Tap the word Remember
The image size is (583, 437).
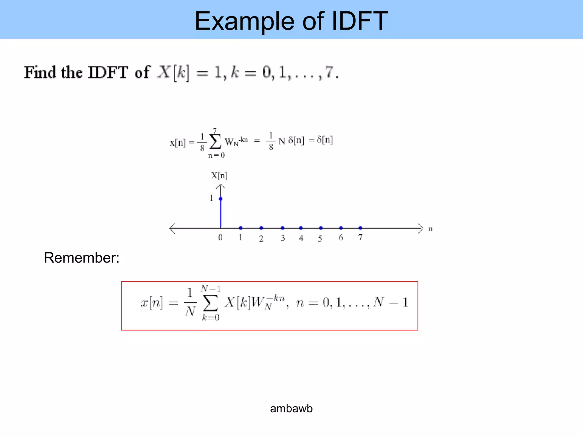(x=81, y=258)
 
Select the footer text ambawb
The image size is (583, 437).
(x=291, y=409)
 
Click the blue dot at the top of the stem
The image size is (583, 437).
(x=221, y=199)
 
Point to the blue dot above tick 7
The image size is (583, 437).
(x=360, y=228)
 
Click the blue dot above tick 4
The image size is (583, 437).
(x=301, y=228)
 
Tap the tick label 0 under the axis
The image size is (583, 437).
(x=220, y=238)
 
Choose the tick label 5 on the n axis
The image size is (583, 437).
(x=320, y=238)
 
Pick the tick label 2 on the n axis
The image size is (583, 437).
(x=261, y=238)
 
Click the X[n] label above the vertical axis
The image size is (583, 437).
(x=219, y=176)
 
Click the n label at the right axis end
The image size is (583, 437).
(x=431, y=229)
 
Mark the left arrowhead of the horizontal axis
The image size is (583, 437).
(x=172, y=228)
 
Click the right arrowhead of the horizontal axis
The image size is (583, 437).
(x=421, y=228)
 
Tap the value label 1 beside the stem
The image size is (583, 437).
(x=211, y=198)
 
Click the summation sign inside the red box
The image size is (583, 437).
(x=211, y=303)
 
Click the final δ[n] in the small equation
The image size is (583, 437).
(x=325, y=140)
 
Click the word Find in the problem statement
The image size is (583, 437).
(x=40, y=72)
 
